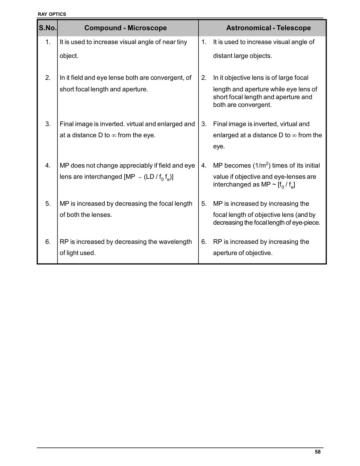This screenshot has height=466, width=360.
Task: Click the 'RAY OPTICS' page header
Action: (x=52, y=14)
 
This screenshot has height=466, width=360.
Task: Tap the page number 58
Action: (x=318, y=452)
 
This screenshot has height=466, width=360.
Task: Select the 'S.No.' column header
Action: (x=48, y=28)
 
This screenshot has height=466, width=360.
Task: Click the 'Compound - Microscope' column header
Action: (x=125, y=28)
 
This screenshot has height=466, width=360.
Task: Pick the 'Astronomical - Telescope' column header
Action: (x=268, y=28)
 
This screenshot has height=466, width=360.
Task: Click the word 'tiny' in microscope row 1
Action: (x=182, y=42)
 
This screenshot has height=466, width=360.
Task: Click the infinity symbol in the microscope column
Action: (x=114, y=135)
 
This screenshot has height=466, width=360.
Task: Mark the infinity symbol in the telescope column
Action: (x=294, y=135)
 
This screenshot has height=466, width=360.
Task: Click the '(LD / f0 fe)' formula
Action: (x=158, y=177)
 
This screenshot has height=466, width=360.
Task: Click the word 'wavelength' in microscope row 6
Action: (x=175, y=242)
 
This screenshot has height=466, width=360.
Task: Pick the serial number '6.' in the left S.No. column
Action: (x=48, y=242)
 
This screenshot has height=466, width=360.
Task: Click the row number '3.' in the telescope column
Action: (x=204, y=124)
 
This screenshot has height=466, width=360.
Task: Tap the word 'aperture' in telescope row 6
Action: (x=224, y=253)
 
